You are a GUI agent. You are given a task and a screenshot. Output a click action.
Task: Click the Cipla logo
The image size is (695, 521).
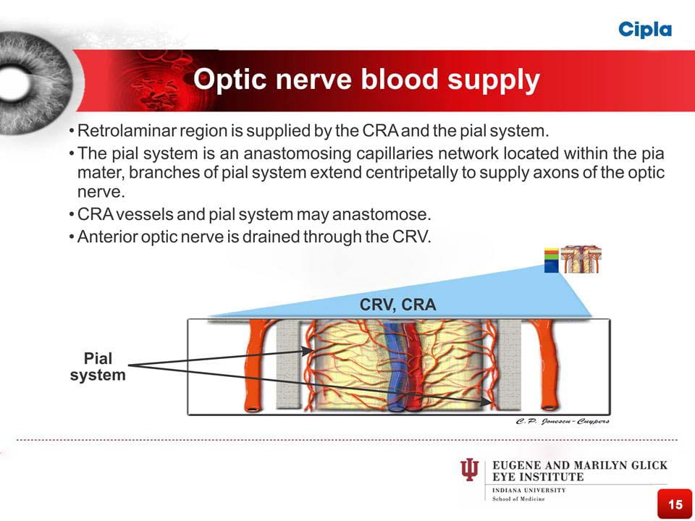point(645,29)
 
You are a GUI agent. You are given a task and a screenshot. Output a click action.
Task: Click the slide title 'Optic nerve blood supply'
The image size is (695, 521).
point(366,80)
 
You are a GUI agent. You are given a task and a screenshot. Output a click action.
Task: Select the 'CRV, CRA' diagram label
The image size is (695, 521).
point(397,305)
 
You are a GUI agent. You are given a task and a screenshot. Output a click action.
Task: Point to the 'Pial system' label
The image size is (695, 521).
point(98,367)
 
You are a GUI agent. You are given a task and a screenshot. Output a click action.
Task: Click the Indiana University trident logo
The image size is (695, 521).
point(469,471)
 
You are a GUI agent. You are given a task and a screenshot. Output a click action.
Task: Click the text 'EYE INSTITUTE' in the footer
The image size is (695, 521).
point(538,478)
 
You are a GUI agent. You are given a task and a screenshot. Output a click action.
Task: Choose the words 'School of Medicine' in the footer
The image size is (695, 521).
point(518,499)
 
